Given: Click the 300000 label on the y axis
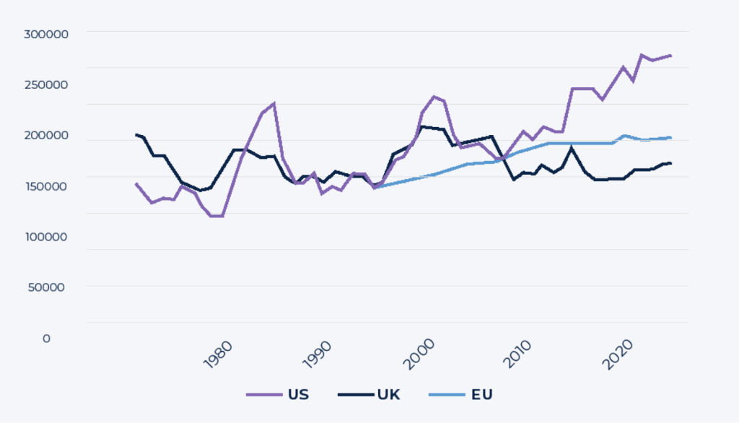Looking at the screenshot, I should pyautogui.click(x=46, y=34).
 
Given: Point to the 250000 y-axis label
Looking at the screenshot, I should pyautogui.click(x=46, y=84).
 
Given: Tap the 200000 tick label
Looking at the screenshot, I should pyautogui.click(x=46, y=136).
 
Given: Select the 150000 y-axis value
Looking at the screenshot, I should pyautogui.click(x=46, y=186).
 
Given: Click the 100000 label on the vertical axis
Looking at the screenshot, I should pyautogui.click(x=46, y=237).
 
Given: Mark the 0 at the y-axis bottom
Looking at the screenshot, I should pyautogui.click(x=46, y=338).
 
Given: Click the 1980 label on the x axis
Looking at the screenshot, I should pyautogui.click(x=218, y=355).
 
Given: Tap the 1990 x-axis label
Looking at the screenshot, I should pyautogui.click(x=318, y=355).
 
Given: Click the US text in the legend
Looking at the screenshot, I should pyautogui.click(x=298, y=395).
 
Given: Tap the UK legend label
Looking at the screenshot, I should pyautogui.click(x=388, y=395).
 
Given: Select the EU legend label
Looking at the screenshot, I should pyautogui.click(x=481, y=395).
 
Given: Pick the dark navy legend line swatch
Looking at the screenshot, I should pyautogui.click(x=354, y=395).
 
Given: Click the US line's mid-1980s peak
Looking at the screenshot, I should pyautogui.click(x=274, y=103).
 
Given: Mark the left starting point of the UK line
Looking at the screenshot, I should pyautogui.click(x=136, y=134).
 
